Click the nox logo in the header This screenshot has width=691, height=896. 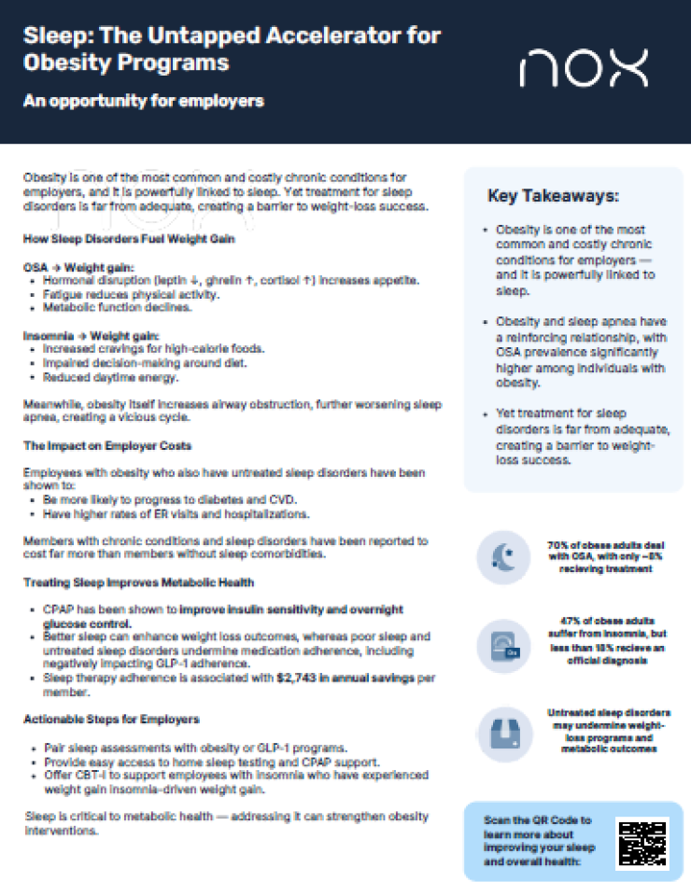[583, 68]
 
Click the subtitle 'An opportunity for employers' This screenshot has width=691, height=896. [144, 101]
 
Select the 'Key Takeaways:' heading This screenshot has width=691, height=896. [552, 196]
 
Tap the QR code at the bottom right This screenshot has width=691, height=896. [642, 841]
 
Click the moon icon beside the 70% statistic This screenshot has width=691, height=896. [503, 556]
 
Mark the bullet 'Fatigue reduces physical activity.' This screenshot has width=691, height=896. [131, 294]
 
